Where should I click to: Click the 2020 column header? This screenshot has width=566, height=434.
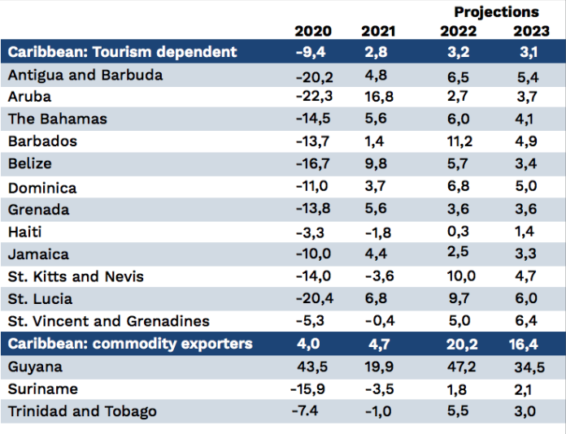[x=312, y=31]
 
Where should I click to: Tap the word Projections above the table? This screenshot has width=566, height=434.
[x=496, y=11]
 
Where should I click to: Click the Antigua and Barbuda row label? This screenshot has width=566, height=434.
[x=85, y=75]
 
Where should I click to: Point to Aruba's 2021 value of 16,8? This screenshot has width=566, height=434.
[x=377, y=97]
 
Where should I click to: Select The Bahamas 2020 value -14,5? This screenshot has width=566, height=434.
[x=312, y=119]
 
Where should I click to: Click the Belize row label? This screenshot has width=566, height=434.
[x=30, y=163]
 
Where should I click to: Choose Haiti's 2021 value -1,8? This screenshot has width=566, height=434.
[x=377, y=232]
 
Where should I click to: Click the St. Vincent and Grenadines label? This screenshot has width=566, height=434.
[x=109, y=321]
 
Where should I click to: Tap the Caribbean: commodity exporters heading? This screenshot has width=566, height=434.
[x=130, y=344]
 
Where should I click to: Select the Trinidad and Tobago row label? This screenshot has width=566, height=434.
[x=82, y=410]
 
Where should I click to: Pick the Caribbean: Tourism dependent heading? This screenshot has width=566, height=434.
[x=123, y=52]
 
